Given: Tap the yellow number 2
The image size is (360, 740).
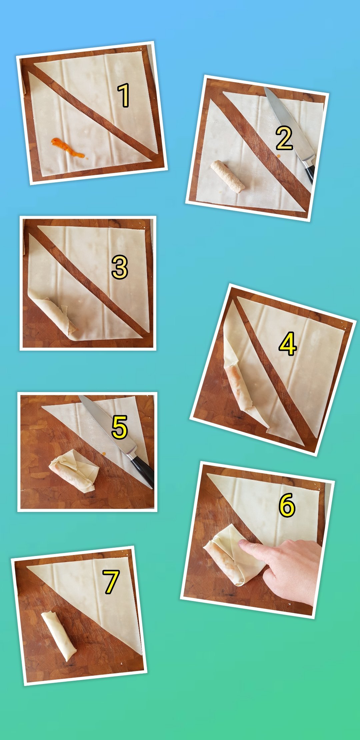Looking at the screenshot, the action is [x=284, y=138].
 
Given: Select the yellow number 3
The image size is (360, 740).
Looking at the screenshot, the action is [x=120, y=267].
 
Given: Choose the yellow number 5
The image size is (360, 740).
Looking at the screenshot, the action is [x=120, y=427].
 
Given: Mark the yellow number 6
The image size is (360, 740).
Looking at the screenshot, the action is [x=287, y=505].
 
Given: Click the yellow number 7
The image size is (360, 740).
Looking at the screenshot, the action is [x=111, y=582].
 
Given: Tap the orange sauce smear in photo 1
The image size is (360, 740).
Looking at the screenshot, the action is [x=68, y=148].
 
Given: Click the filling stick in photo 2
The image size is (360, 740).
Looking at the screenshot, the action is [x=228, y=177].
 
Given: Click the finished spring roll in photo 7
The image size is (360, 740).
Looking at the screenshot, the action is [x=59, y=636].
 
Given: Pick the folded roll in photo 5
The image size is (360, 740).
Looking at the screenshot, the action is [x=74, y=471].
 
